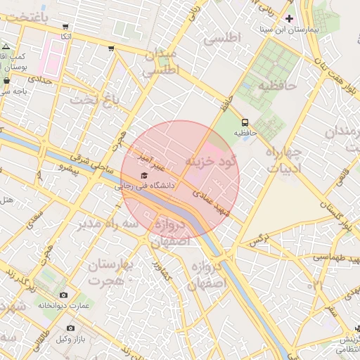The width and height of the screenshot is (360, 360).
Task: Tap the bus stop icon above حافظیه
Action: click(x=244, y=120)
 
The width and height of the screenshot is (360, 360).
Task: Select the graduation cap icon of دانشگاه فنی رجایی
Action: click(x=144, y=175)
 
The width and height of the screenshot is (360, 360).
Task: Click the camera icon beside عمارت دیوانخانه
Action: click(x=64, y=295)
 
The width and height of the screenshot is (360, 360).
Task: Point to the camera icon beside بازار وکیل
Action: click(x=70, y=328)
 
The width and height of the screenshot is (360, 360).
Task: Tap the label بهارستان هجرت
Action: click(x=108, y=273)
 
